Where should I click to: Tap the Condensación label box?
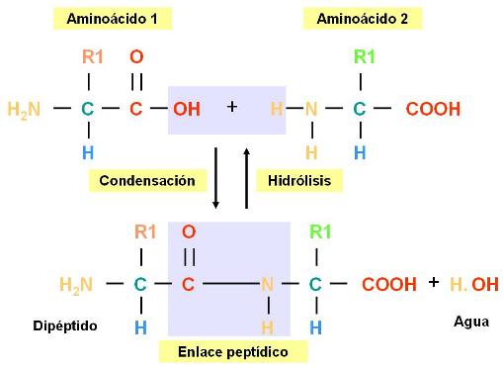153,180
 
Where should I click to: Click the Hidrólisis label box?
298,180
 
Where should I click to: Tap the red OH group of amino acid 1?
186,109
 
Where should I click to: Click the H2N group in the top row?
24,109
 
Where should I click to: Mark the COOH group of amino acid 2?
433,109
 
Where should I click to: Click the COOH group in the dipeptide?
389,285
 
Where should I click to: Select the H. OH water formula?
474,285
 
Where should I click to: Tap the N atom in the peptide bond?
266,285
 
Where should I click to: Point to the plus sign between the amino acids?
232,105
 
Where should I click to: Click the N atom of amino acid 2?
311,109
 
